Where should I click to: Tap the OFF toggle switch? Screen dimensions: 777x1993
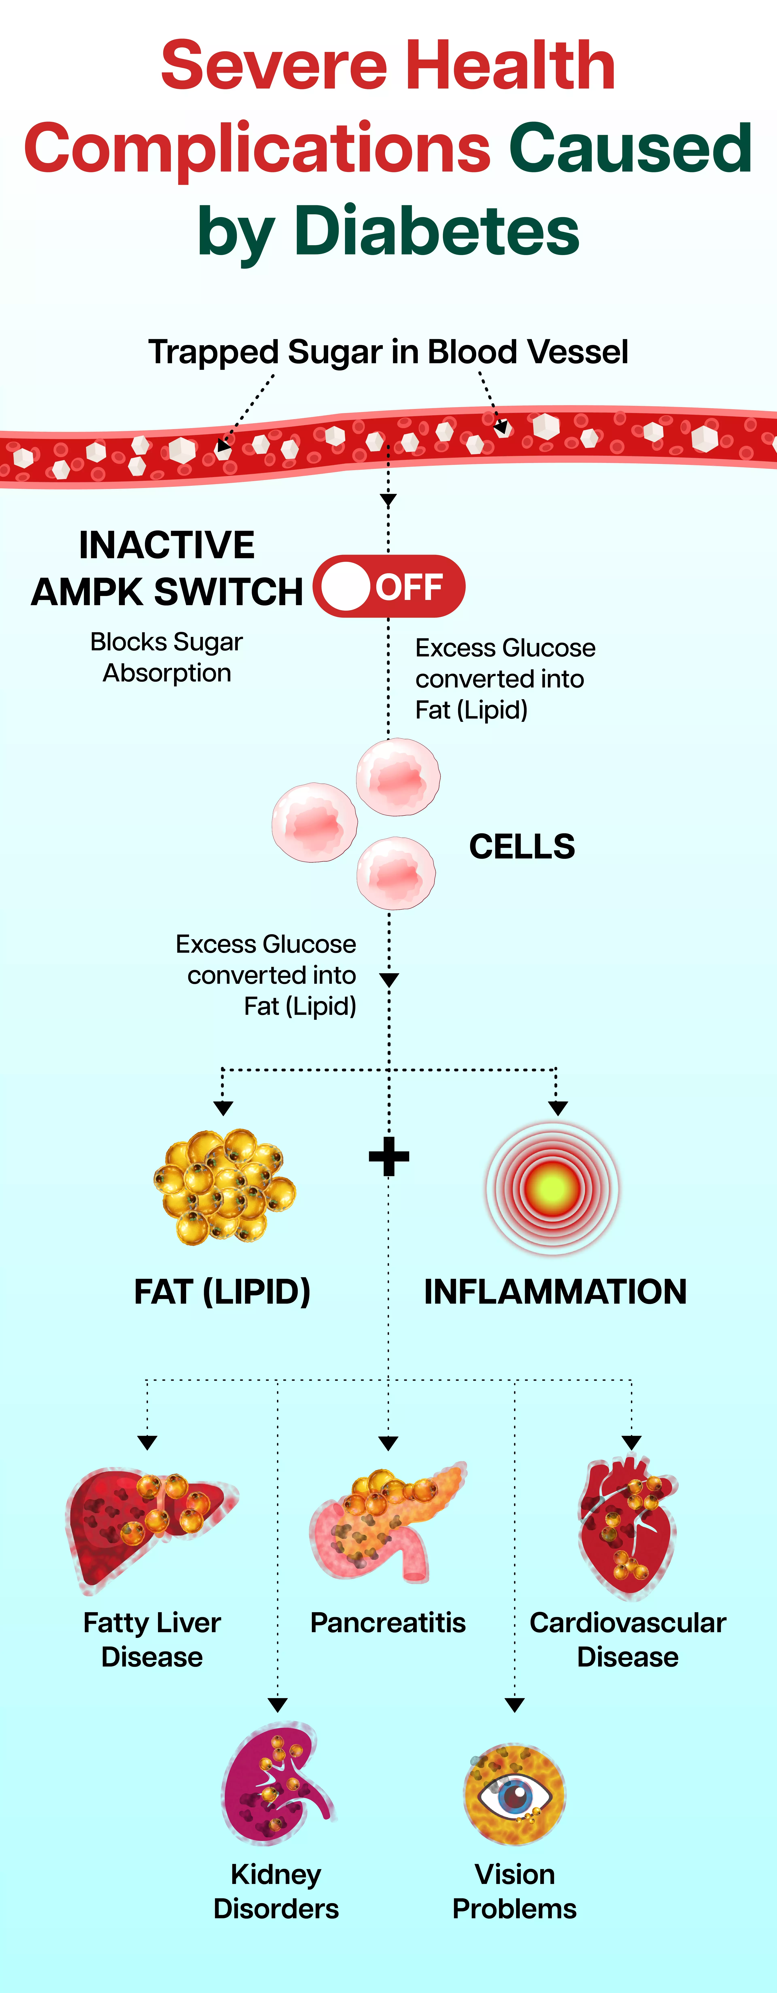[x=388, y=586]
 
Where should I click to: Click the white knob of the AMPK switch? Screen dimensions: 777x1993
[x=345, y=586]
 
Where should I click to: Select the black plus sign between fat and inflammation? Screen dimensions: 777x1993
[x=388, y=1157]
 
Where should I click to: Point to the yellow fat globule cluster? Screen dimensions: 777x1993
[x=224, y=1186]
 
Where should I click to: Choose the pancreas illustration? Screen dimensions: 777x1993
[x=387, y=1523]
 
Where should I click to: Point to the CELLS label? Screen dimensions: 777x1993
[x=522, y=846]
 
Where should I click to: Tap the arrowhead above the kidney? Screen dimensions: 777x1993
[x=278, y=1704]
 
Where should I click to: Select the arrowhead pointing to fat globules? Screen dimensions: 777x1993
[x=223, y=1108]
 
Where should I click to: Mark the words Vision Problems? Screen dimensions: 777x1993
[x=515, y=1891]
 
